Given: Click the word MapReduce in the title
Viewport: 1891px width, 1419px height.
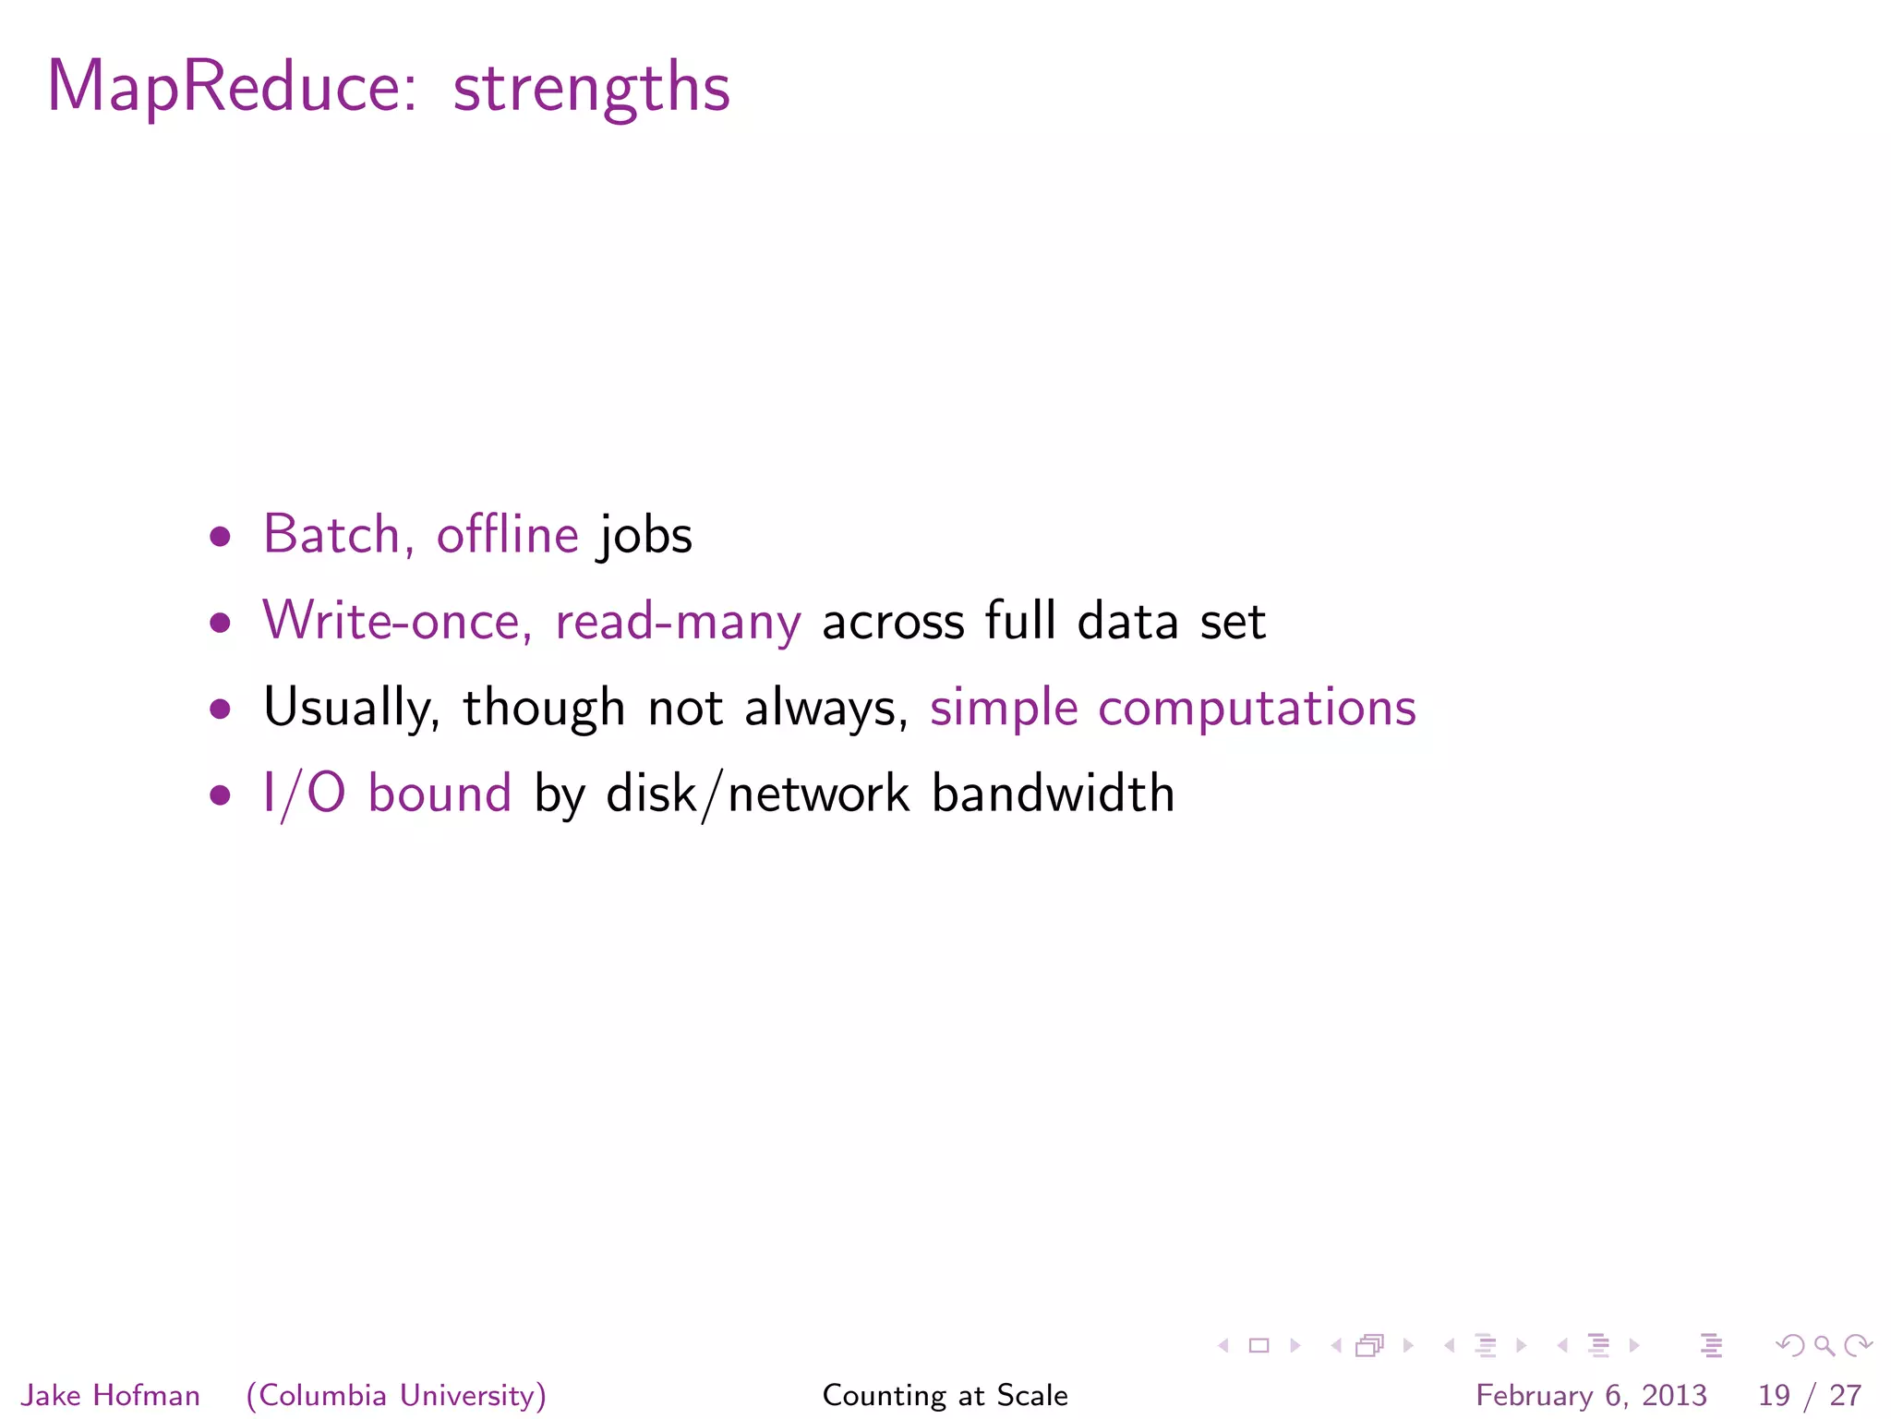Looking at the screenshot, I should [x=232, y=89].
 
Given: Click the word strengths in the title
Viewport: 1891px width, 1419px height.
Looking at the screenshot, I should [x=591, y=89].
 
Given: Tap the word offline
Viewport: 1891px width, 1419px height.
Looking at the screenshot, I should [x=507, y=535].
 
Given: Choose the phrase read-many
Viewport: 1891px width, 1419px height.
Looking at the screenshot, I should [x=678, y=622].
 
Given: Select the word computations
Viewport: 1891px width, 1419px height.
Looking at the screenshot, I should [x=1257, y=708].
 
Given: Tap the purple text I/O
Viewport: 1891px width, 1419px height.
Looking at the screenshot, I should [x=304, y=794].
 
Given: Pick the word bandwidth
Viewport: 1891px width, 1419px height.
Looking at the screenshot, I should [x=1053, y=794].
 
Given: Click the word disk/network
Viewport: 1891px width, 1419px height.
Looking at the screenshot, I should [x=757, y=794].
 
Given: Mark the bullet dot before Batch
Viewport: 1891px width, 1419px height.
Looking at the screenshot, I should [x=220, y=537].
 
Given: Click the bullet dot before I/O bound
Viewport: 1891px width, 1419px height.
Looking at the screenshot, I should [x=220, y=794].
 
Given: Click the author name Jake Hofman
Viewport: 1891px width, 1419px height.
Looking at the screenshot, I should [x=111, y=1395].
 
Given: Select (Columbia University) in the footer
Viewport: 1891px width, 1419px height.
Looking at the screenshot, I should [x=396, y=1395].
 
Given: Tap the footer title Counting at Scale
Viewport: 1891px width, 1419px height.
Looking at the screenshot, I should [x=945, y=1395].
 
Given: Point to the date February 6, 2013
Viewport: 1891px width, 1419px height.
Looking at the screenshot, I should [x=1591, y=1395].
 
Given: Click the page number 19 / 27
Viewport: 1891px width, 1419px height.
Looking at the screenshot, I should [x=1809, y=1395].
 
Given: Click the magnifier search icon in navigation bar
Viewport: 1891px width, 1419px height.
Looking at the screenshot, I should [x=1824, y=1346].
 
